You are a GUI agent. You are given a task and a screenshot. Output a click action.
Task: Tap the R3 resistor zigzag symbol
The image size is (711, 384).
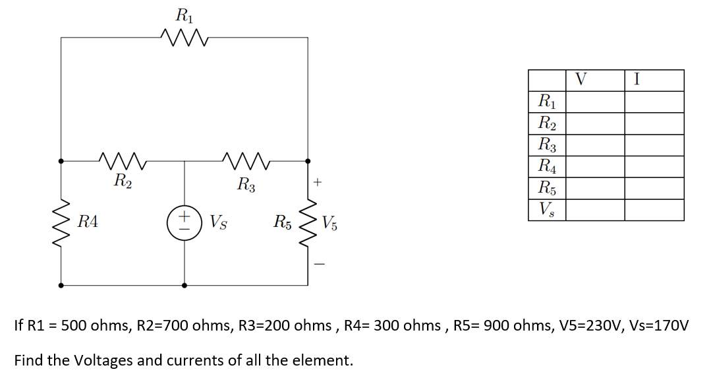(244, 160)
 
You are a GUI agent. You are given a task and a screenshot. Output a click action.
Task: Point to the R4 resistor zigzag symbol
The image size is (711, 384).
(61, 222)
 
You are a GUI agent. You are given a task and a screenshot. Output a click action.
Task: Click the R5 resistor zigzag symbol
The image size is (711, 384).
(307, 222)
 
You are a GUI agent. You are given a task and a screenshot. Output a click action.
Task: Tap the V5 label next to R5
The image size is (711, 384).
(331, 223)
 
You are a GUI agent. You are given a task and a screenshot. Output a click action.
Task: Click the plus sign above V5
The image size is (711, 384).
(318, 181)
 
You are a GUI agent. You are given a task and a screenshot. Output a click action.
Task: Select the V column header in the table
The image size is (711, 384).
(580, 80)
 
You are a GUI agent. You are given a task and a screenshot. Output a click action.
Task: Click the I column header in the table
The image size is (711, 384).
(636, 80)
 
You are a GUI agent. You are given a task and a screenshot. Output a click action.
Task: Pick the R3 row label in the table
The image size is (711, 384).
(546, 144)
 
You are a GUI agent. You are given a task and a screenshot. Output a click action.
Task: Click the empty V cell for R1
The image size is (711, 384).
(596, 102)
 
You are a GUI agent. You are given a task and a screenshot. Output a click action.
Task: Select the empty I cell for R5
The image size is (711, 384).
(654, 188)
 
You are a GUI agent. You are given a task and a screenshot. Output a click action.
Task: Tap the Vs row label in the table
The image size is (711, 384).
(546, 210)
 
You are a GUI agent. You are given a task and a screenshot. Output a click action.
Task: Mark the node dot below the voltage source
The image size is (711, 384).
(184, 286)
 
